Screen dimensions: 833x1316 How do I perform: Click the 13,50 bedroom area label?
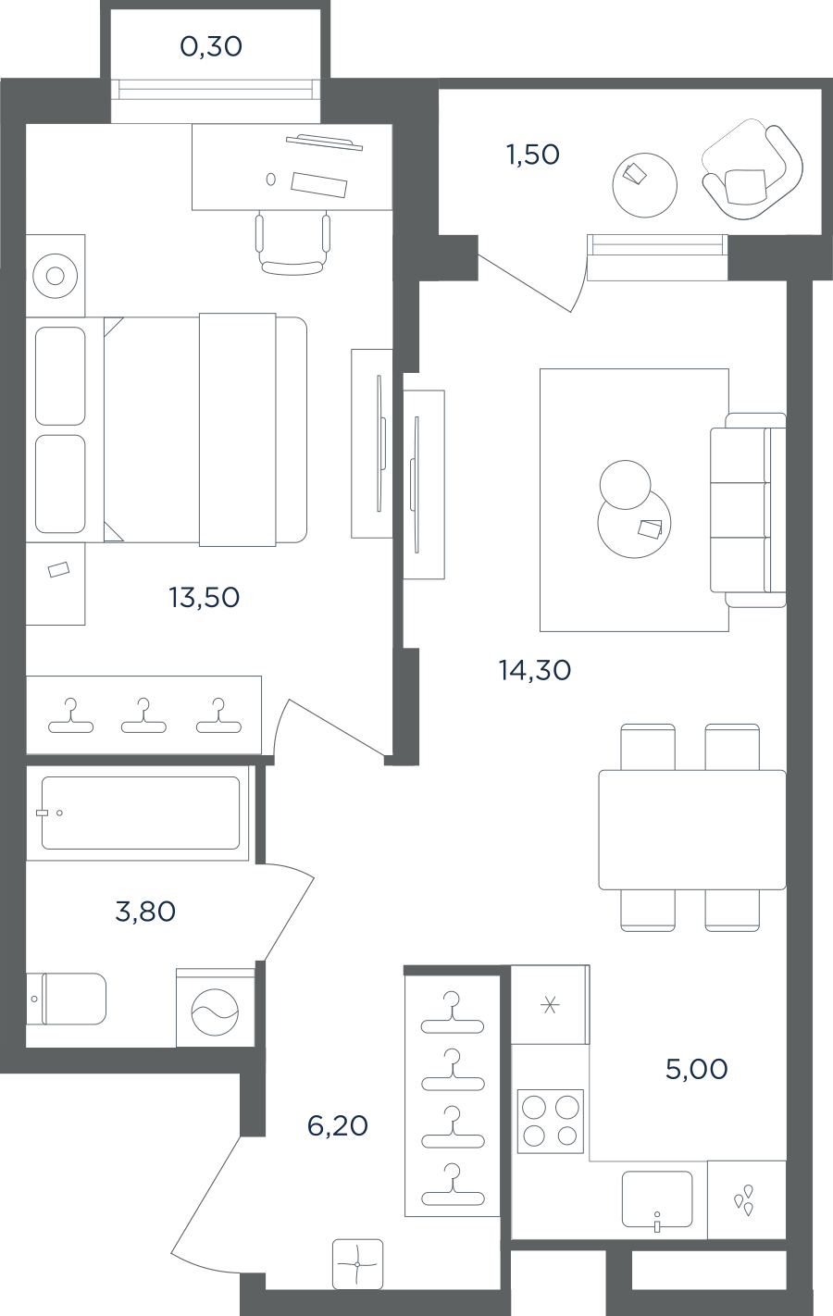(x=205, y=598)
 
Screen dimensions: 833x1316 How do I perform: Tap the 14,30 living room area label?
(x=535, y=670)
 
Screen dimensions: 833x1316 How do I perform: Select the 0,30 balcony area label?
(x=211, y=46)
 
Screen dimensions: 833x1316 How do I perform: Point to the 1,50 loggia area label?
(x=533, y=155)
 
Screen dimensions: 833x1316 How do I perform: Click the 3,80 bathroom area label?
(x=145, y=912)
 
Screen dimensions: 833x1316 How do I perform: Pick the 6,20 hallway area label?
(x=338, y=1125)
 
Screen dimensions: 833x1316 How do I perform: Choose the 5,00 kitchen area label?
(x=697, y=1069)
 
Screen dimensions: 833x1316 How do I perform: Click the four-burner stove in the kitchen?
(x=551, y=1121)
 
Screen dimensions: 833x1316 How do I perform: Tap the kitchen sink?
(x=657, y=1199)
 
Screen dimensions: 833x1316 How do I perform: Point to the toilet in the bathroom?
(x=67, y=999)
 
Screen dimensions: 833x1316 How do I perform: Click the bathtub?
(x=141, y=813)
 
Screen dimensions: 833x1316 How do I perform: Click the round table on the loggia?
(x=644, y=185)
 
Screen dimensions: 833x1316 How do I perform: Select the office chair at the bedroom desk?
(x=292, y=244)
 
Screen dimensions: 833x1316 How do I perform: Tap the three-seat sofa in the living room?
(x=749, y=510)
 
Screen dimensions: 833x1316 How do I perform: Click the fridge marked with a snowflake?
(x=550, y=1005)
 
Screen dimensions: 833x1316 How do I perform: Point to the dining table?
(x=692, y=829)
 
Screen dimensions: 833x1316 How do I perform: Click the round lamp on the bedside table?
(x=56, y=276)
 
